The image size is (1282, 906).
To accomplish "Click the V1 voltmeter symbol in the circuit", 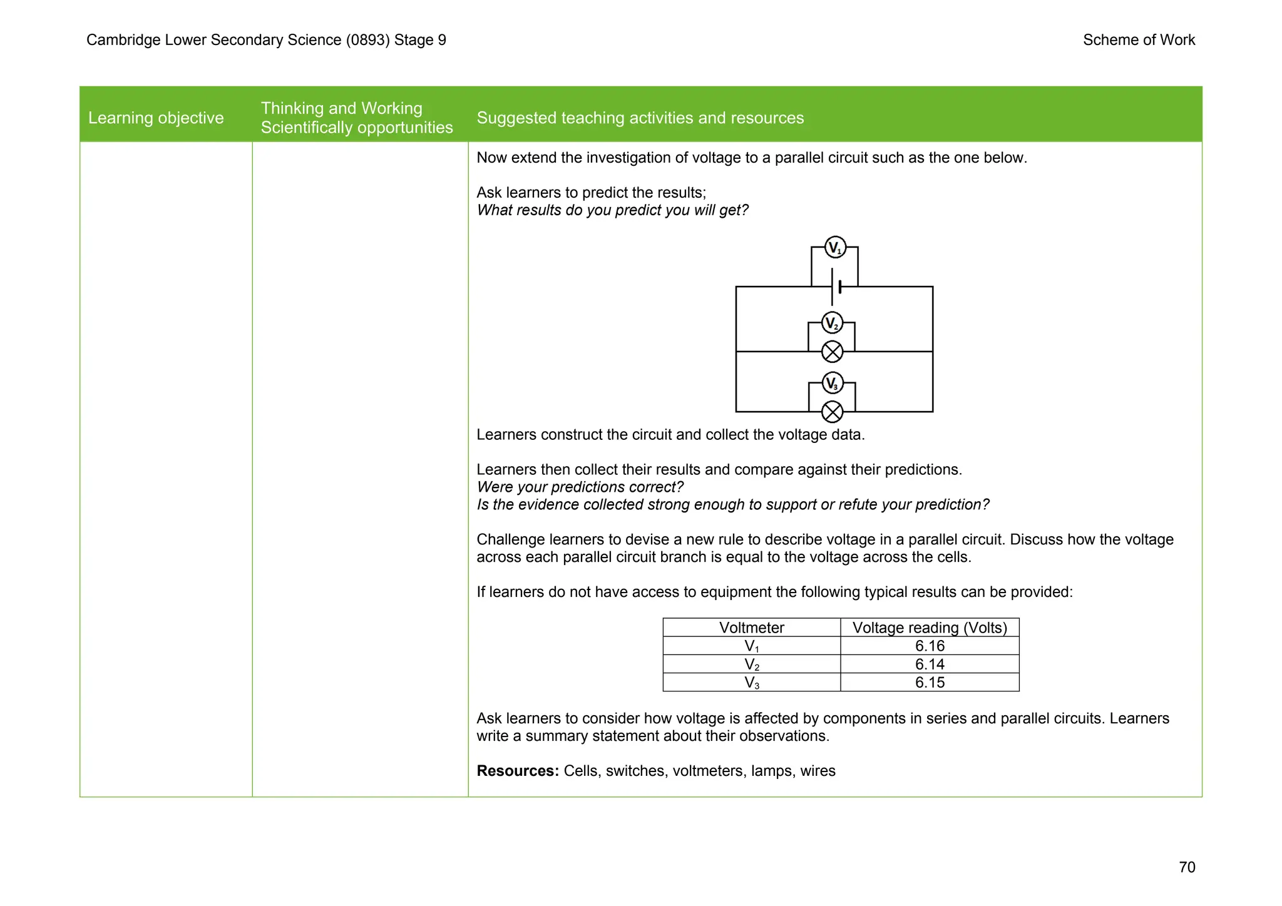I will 834,248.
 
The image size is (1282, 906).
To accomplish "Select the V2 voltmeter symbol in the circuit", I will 832,323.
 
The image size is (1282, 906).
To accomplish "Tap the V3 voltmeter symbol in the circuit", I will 832,383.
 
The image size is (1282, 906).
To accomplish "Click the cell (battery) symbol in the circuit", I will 836,287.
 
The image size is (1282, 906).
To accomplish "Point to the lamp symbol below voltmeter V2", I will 832,352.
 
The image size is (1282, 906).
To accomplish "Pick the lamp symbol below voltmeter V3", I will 832,412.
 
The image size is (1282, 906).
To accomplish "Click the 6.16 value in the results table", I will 930,646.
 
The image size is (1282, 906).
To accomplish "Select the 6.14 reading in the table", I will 930,664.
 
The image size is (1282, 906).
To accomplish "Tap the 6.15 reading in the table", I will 930,682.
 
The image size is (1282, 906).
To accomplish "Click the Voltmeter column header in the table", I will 751,628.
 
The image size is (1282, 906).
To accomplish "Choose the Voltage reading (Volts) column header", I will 930,628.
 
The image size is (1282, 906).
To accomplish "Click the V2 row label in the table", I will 751,664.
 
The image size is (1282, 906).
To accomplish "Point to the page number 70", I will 1186,867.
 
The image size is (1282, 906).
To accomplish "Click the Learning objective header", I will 156,118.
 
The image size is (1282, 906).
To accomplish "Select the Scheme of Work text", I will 1139,40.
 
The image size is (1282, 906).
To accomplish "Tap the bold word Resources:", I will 517,771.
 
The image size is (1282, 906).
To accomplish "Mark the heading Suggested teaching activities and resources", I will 640,118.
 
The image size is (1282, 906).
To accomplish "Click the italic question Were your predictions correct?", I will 580,487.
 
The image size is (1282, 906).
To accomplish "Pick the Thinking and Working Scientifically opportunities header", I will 356,118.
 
